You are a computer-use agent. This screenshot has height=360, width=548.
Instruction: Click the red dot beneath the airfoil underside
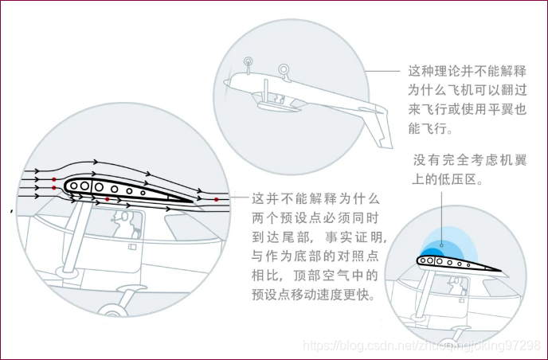click(107, 198)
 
